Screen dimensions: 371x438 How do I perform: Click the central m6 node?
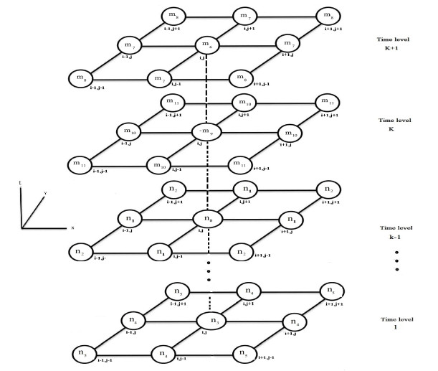pos(207,47)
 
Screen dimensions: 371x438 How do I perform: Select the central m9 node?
pos(206,132)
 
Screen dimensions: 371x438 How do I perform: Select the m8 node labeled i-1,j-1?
pos(80,77)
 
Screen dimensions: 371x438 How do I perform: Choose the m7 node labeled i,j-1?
pos(159,77)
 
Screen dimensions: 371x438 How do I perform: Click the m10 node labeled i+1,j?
pos(291,133)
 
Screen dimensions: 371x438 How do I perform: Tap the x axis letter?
pos(72,227)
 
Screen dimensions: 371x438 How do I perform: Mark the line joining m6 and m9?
pos(207,90)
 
